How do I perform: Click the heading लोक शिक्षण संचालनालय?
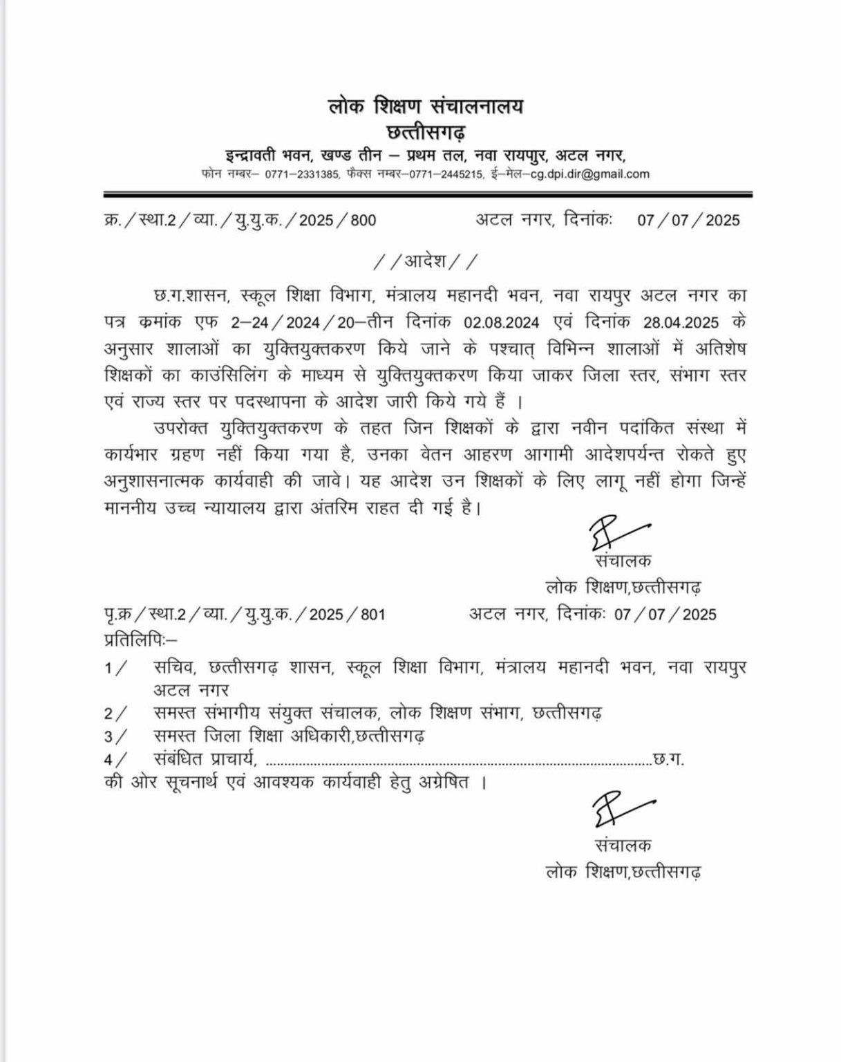[x=426, y=106]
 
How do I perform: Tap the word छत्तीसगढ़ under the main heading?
[x=426, y=131]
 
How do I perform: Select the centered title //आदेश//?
[x=425, y=262]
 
